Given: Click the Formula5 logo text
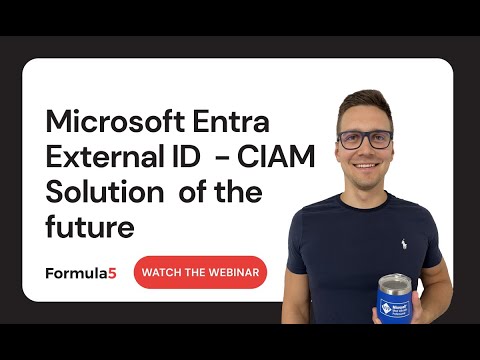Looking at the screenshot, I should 81,272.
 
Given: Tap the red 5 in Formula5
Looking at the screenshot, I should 113,272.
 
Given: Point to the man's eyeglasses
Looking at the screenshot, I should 364,139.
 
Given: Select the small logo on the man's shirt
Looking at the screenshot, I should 403,242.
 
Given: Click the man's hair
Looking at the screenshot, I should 362,100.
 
